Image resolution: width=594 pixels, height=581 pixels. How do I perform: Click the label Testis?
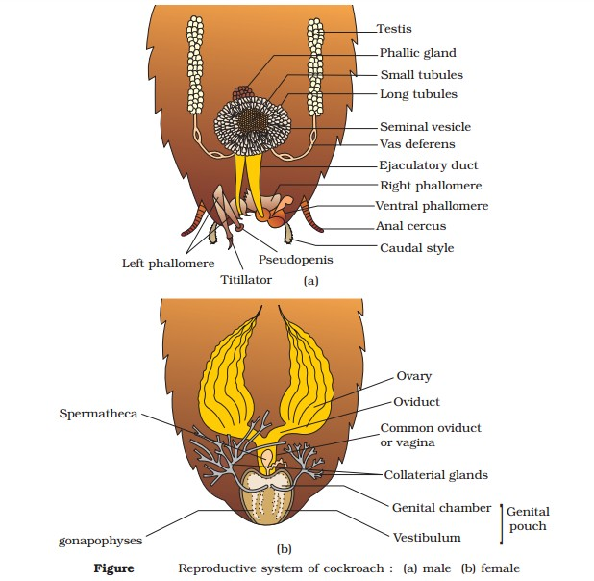coord(393,30)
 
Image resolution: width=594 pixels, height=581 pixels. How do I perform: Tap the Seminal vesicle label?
coord(425,127)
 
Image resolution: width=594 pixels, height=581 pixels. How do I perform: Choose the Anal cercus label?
coord(410,227)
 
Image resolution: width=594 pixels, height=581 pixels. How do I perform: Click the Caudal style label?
coord(416,248)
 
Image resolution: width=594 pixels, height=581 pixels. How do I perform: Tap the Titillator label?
coord(247,279)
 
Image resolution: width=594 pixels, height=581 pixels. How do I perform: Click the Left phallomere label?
coord(167,263)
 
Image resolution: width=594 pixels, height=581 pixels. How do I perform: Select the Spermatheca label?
coord(97,415)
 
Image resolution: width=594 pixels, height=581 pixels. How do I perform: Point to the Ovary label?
coord(414,376)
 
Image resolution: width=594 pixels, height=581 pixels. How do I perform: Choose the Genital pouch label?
coord(528,518)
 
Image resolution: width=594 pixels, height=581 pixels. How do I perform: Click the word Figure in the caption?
coord(113,568)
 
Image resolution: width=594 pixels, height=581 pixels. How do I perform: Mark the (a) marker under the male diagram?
coord(310,281)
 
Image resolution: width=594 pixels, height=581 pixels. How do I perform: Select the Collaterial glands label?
coord(436,475)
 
